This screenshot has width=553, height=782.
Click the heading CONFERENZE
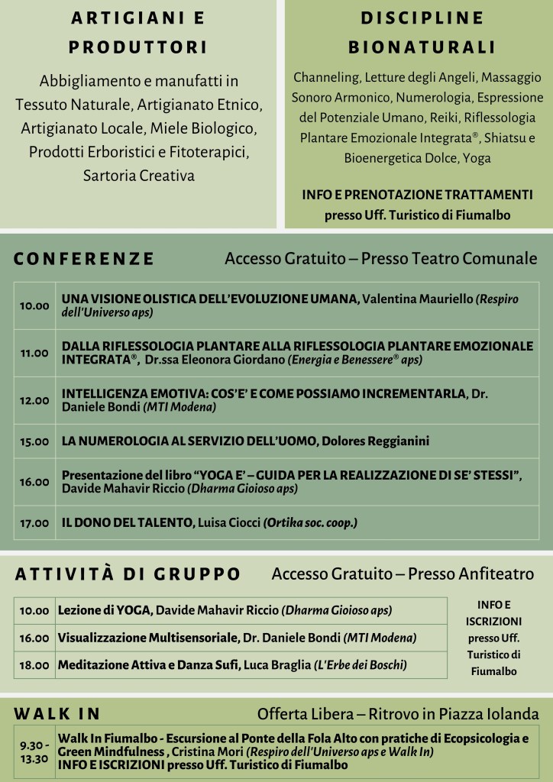(84, 259)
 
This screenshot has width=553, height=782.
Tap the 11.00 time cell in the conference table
(34, 354)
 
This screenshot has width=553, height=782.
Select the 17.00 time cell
(34, 523)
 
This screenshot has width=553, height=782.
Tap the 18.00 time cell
(34, 665)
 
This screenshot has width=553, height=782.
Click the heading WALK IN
(57, 714)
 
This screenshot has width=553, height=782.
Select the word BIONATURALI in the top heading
(422, 47)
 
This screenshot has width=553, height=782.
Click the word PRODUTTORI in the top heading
(138, 47)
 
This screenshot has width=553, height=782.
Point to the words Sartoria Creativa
(138, 176)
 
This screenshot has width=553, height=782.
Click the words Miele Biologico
(208, 127)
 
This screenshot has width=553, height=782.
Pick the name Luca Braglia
(276, 665)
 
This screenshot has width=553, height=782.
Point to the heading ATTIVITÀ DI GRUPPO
(128, 574)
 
